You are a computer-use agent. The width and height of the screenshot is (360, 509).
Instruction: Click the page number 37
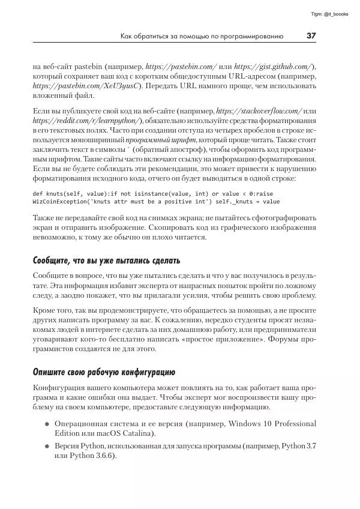[x=311, y=36]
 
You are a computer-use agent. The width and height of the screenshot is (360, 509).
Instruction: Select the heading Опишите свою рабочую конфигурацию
[x=103, y=368]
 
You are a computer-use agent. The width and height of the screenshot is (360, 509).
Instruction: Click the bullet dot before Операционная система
[x=47, y=424]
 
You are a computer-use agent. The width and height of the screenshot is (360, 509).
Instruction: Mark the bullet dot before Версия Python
[x=47, y=447]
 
